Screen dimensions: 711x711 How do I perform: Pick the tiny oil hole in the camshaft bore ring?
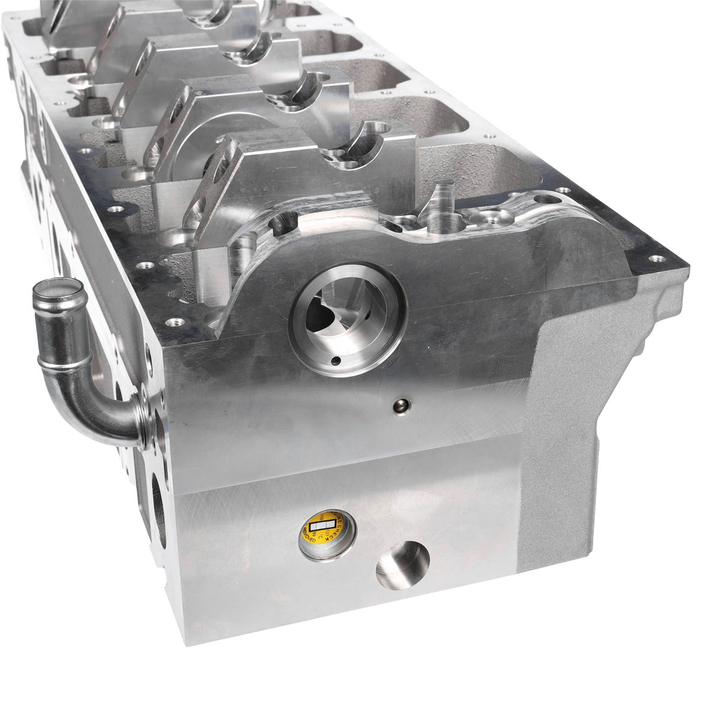point(337,360)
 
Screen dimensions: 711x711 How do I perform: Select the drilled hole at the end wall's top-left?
point(282,223)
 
